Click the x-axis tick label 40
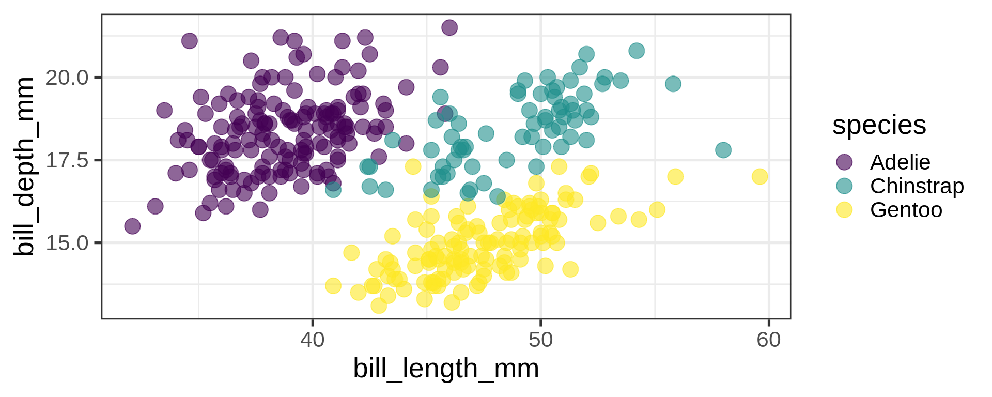[x=313, y=340]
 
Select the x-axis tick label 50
[x=540, y=340]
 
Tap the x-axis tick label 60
[x=769, y=340]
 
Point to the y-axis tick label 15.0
[x=67, y=242]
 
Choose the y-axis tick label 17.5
[x=67, y=160]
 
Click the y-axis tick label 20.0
[x=67, y=78]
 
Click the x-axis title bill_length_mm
[x=446, y=369]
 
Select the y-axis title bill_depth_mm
[x=24, y=166]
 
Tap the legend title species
[x=879, y=125]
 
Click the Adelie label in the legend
[x=900, y=162]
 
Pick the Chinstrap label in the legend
[x=917, y=186]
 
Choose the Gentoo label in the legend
[x=906, y=210]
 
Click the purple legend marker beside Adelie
[x=844, y=162]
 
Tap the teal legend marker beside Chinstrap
[x=844, y=186]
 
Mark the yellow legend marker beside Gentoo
[x=844, y=210]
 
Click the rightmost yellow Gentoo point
[x=760, y=177]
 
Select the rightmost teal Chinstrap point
[x=723, y=150]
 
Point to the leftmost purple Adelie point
[x=132, y=226]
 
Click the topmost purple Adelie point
[x=450, y=27]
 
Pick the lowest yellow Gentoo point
[x=379, y=306]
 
